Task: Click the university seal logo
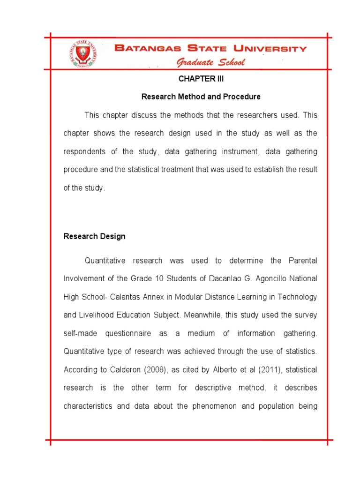coord(83,54)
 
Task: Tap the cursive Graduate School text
coord(210,63)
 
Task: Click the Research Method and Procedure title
coord(201,97)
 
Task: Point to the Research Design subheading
coord(94,236)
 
